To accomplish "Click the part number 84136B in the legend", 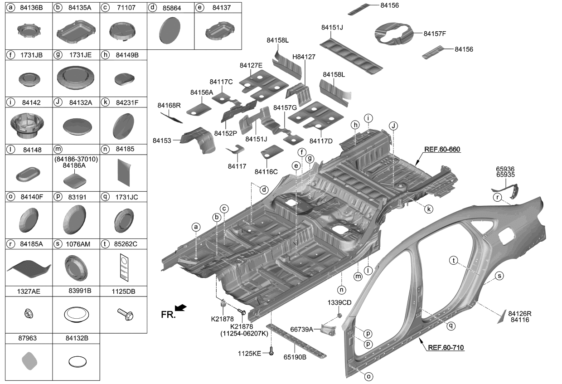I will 31,7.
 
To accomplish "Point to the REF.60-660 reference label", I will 442,149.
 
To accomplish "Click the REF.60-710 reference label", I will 446,348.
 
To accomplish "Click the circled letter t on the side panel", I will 453,260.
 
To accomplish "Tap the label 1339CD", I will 339,302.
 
